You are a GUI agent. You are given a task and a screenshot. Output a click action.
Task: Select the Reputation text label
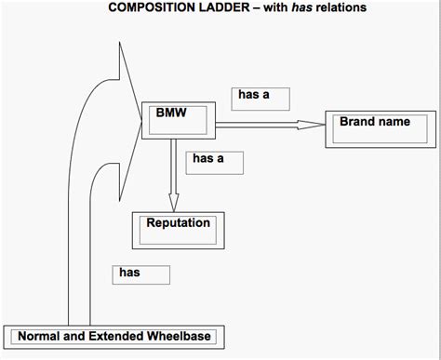(x=178, y=223)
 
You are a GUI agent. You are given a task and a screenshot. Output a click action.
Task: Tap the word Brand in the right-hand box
(x=357, y=122)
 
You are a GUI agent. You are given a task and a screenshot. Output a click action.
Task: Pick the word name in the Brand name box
(x=395, y=122)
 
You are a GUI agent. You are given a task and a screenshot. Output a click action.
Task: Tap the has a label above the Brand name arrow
(x=253, y=95)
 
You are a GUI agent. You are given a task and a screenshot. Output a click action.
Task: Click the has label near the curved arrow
(x=129, y=273)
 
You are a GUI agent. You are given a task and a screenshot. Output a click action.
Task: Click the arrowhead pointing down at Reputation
(x=173, y=201)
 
